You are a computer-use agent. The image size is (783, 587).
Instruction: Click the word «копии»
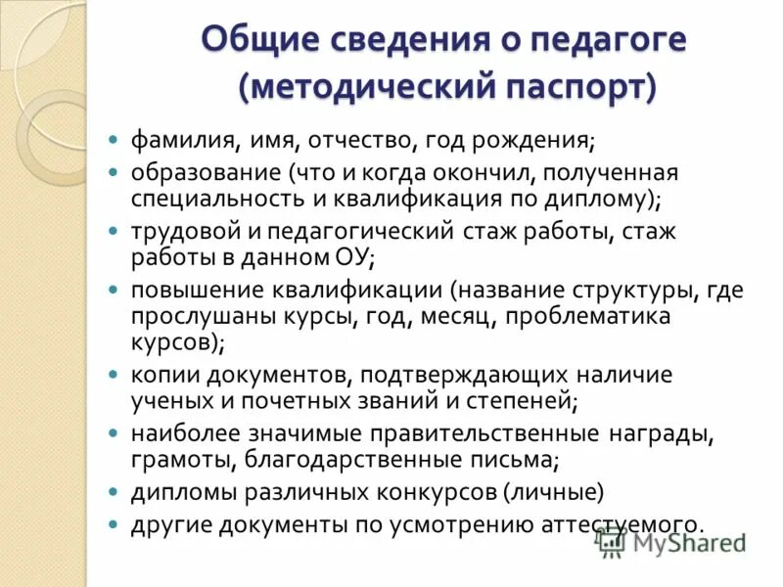tap(160, 375)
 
